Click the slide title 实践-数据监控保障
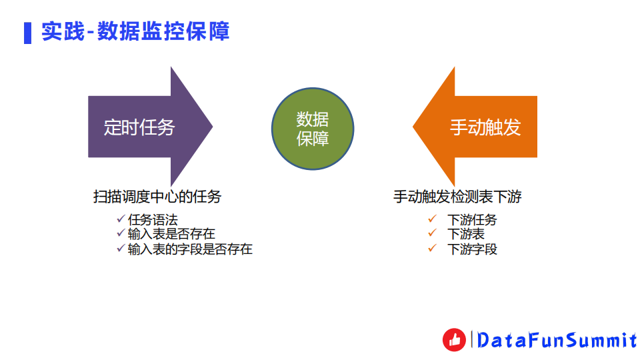click(135, 31)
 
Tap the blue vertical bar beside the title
click(27, 32)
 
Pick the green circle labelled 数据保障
click(313, 129)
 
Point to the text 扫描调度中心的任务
click(157, 197)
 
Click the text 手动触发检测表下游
click(457, 197)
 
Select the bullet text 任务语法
click(153, 219)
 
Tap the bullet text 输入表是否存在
click(171, 234)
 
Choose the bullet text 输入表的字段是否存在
click(190, 249)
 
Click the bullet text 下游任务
click(472, 219)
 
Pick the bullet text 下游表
click(465, 234)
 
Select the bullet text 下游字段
click(472, 249)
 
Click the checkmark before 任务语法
click(120, 219)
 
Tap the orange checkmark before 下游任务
click(432, 219)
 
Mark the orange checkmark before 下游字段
click(432, 249)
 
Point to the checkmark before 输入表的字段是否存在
click(120, 248)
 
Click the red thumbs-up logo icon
click(455, 340)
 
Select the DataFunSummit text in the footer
click(557, 341)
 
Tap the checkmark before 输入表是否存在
click(120, 233)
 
